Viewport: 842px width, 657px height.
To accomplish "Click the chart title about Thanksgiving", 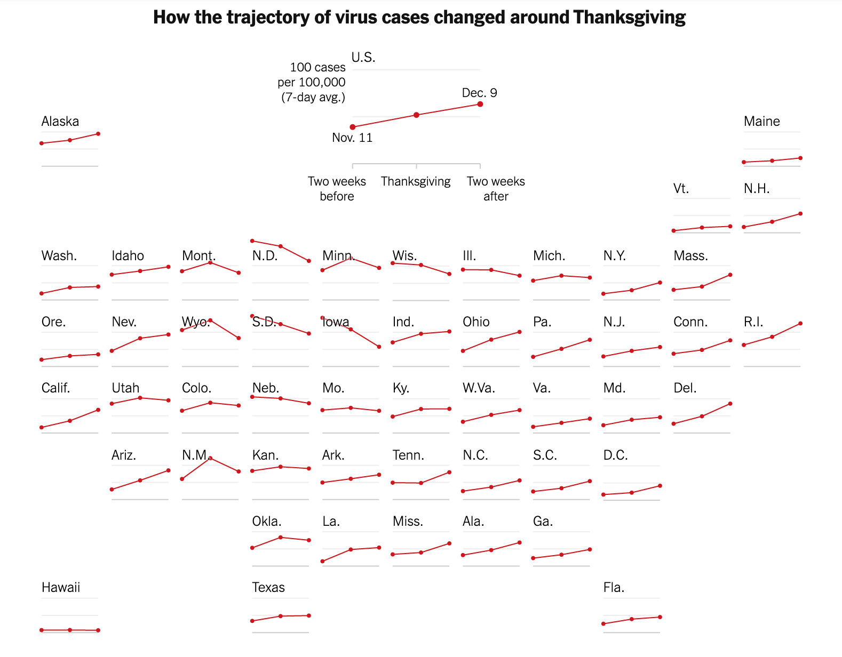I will tap(419, 18).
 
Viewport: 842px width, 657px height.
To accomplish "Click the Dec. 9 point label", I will tap(479, 93).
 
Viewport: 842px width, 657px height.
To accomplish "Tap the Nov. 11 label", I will tap(352, 138).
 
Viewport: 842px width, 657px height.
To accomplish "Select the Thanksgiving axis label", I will tap(416, 182).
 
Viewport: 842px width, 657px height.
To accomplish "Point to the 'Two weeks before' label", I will tap(337, 189).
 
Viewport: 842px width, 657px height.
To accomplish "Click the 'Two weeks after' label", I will tap(496, 189).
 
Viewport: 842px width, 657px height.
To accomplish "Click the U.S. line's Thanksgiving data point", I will tap(416, 115).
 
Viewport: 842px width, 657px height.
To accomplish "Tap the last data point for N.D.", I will tap(309, 261).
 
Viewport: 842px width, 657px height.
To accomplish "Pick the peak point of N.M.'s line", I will tap(211, 458).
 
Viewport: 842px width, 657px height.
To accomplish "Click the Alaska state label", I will tap(60, 122).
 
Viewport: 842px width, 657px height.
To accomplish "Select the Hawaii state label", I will tap(61, 588).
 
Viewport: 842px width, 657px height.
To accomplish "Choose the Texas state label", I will tap(268, 588).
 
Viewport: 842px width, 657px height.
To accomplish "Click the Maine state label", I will tap(761, 122).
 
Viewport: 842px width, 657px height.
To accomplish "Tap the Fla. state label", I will tap(614, 588).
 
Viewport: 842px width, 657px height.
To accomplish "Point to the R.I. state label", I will tap(753, 322).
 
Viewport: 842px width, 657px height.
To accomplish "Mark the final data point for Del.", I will tap(730, 404).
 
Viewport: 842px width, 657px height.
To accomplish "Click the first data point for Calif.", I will tap(42, 427).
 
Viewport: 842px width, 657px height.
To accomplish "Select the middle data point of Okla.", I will tap(281, 538).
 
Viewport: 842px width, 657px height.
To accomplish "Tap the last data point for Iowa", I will tap(379, 347).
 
